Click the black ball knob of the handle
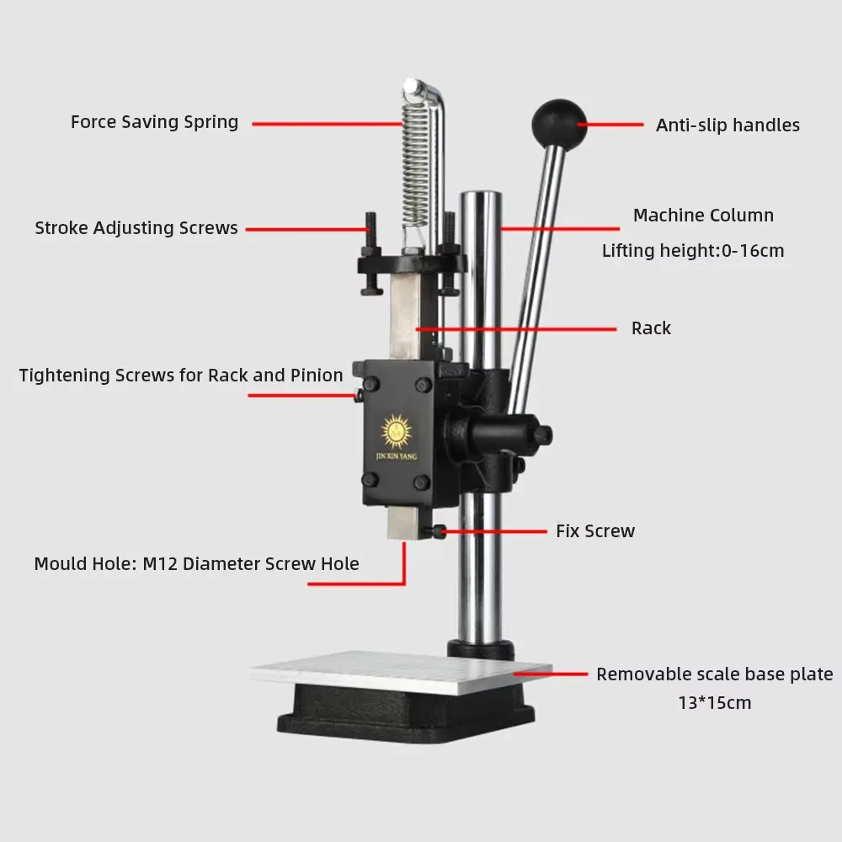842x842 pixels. (558, 123)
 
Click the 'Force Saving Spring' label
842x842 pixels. (154, 122)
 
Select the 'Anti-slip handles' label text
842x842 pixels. (727, 125)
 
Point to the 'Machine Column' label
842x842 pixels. (703, 216)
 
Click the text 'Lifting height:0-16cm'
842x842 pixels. (693, 251)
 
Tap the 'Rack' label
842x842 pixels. (651, 328)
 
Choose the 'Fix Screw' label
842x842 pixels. (595, 531)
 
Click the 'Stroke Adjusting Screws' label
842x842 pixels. (136, 228)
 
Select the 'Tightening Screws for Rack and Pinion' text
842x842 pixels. (181, 376)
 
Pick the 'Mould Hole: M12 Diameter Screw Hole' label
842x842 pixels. (196, 564)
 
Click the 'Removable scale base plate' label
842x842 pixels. (715, 674)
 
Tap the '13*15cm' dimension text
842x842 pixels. (715, 702)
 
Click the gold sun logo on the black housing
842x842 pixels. (397, 431)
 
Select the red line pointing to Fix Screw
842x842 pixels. (496, 531)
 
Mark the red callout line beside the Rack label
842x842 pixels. (518, 328)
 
